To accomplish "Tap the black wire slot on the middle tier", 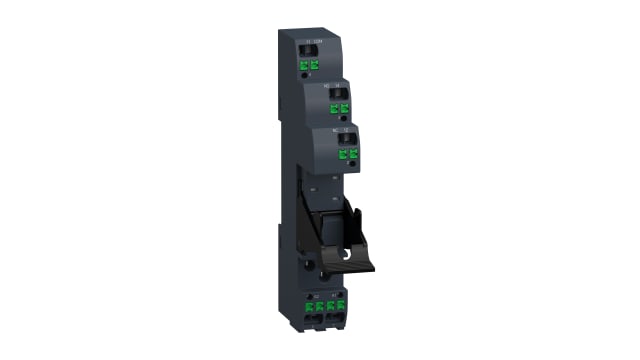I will (338, 91).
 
